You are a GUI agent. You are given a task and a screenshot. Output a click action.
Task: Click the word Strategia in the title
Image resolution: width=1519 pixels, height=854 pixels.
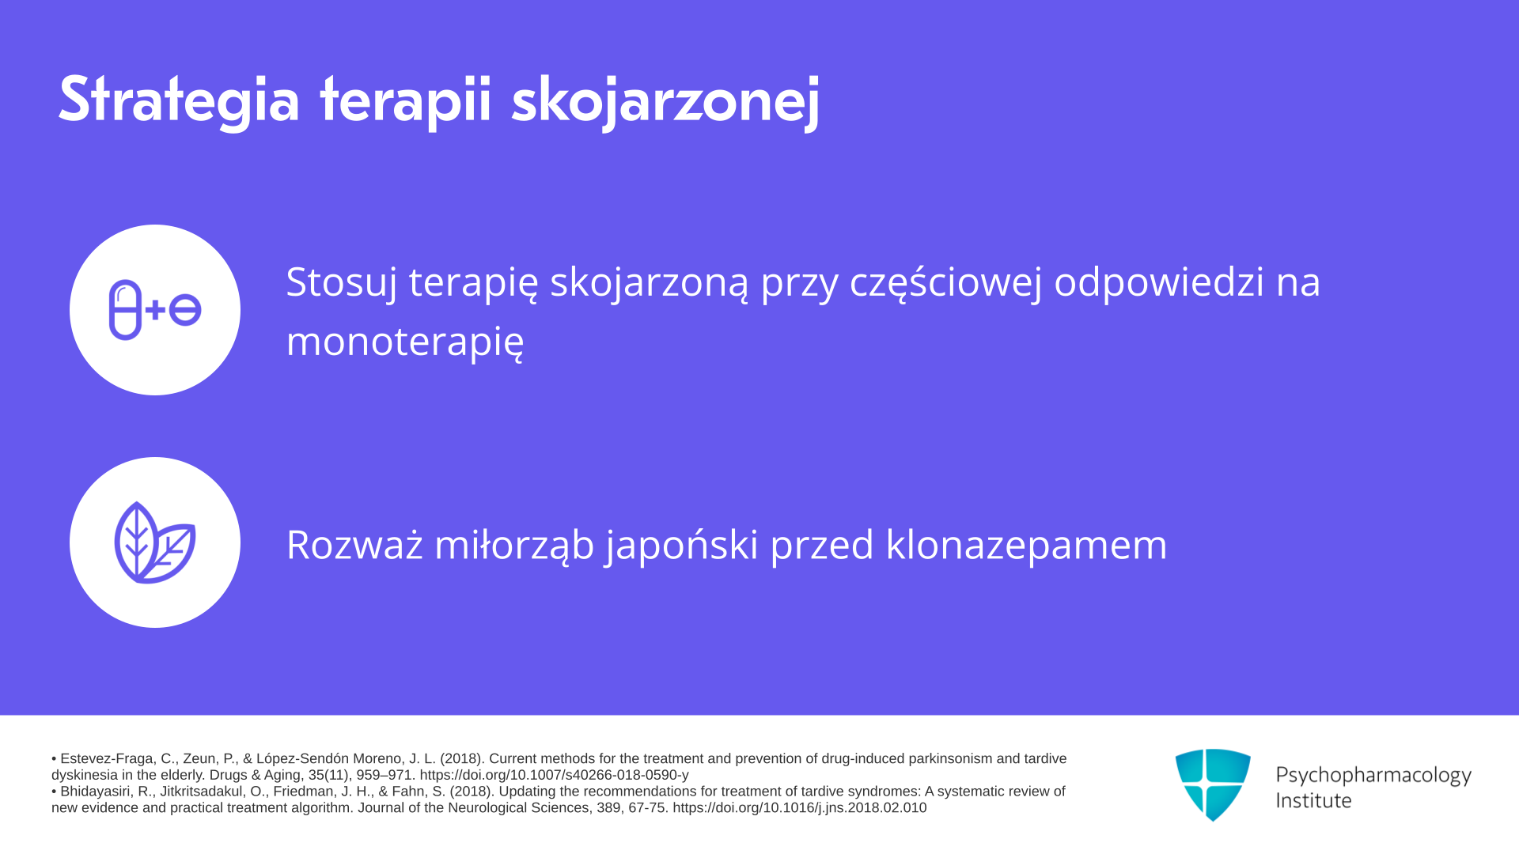180,100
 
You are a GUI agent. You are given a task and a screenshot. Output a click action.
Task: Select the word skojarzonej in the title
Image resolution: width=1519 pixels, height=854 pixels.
665,101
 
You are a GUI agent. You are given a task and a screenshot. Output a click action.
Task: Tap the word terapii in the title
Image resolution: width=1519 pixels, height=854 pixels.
406,102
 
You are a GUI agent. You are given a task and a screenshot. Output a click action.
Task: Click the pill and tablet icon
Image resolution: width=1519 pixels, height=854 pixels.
155,310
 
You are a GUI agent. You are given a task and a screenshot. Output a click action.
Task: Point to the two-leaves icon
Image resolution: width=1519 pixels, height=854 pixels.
155,542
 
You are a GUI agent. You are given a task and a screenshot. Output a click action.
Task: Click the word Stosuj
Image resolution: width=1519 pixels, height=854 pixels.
341,283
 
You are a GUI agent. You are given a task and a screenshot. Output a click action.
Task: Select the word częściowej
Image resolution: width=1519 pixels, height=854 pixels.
946,283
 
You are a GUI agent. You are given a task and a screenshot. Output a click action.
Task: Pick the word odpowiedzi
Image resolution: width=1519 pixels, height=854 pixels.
1159,283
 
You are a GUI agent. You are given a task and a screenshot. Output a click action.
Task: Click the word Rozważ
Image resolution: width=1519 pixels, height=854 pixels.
354,545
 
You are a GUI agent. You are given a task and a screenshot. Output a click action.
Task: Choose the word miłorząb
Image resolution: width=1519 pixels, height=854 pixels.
514,545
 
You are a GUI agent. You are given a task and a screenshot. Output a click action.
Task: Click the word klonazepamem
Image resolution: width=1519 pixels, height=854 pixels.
1026,546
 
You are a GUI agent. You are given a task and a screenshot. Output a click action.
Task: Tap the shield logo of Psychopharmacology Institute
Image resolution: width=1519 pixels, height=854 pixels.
1213,784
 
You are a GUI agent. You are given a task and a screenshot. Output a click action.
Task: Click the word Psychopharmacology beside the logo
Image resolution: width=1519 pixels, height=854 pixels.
1373,775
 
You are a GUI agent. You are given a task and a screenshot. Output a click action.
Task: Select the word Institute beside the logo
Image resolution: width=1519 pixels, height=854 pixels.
1313,801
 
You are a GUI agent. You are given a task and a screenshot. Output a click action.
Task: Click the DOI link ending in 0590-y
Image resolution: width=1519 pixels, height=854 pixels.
554,775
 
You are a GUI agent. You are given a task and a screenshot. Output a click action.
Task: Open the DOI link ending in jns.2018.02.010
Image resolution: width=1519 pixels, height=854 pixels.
799,808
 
